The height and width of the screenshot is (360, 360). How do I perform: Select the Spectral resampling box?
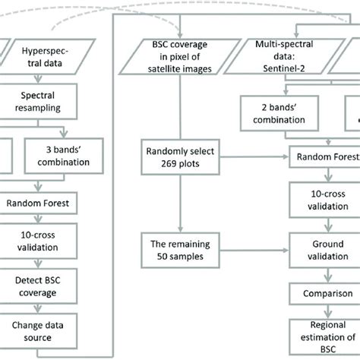[55, 103]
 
